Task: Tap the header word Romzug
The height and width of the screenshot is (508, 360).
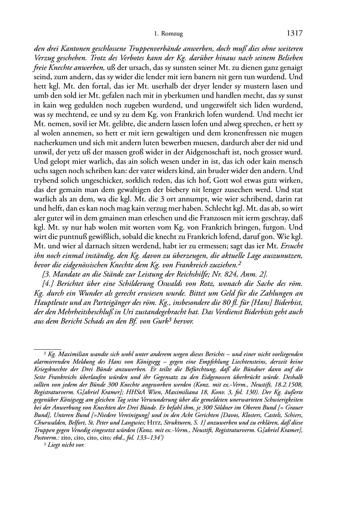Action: tap(172, 34)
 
